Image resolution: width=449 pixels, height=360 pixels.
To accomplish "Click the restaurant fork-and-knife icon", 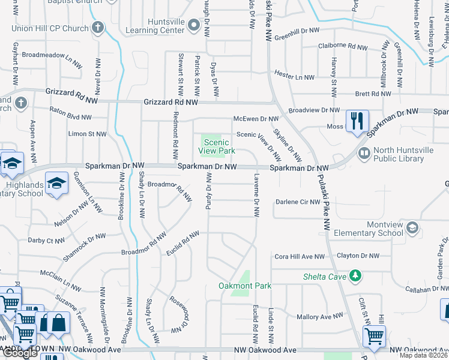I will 357,120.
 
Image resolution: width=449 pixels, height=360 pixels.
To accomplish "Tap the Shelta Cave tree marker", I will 357,275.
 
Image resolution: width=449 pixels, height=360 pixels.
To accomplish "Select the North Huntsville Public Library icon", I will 363,154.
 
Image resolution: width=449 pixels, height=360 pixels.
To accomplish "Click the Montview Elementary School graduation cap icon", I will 412,227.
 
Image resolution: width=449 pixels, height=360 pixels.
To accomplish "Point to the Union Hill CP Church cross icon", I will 98,28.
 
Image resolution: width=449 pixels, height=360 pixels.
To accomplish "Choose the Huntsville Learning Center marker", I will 193,25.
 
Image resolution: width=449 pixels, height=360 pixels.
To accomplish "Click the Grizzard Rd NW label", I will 170,103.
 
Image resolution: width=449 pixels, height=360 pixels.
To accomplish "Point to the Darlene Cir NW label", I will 298,202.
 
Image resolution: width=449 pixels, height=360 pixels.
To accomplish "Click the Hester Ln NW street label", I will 294,77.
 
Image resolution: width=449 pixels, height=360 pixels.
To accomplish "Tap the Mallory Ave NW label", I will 320,316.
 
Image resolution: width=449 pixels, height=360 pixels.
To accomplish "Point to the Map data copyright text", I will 423,355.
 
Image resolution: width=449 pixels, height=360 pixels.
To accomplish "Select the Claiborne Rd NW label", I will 343,46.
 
